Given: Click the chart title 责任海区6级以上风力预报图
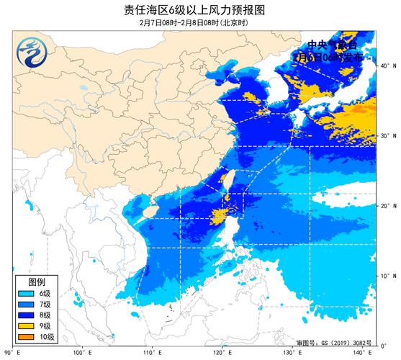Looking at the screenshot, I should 200,9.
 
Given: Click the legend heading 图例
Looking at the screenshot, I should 37,282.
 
